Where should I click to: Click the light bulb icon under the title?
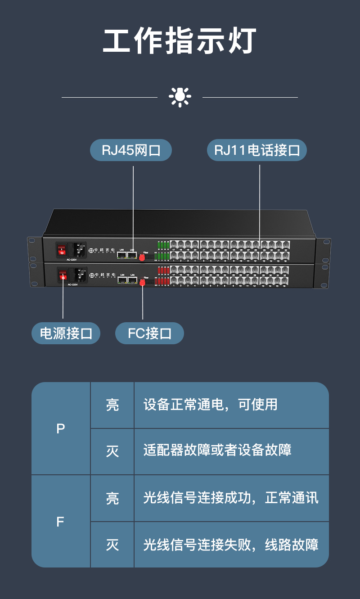point(180,97)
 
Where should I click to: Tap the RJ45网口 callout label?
point(131,150)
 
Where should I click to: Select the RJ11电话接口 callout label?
point(256,150)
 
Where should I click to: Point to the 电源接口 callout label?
point(66,333)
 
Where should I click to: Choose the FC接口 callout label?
point(149,333)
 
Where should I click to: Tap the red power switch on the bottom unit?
point(63,275)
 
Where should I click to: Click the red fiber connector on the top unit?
point(142,258)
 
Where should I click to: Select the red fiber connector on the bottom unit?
point(143,283)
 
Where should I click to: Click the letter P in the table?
point(61,429)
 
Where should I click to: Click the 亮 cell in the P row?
point(112,405)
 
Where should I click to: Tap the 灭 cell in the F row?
point(112,545)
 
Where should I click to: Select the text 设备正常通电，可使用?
point(210,405)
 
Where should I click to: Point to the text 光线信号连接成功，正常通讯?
point(231,498)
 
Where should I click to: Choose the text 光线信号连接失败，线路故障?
point(231,545)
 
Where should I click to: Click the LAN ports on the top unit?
point(127,255)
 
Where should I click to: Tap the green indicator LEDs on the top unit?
point(163,251)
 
